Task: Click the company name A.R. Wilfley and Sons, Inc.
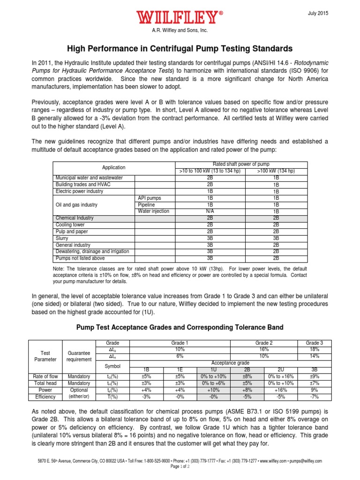coord(180,30)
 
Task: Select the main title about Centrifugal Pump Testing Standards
coord(180,49)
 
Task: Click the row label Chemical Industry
coord(75,218)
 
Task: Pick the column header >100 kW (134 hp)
coord(276,171)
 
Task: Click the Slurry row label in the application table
coord(62,238)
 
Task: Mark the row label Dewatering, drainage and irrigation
coord(92,252)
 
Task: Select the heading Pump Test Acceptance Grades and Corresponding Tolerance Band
coord(180,327)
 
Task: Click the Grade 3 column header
coord(315,343)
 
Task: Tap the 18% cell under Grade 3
coord(315,349)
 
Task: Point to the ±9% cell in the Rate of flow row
coord(315,376)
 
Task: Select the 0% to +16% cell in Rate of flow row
coord(280,376)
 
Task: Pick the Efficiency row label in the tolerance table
coord(45,397)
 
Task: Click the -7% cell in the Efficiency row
coord(315,397)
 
